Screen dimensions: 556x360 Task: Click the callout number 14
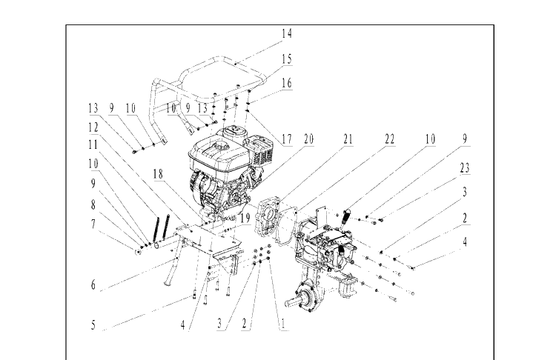click(x=287, y=33)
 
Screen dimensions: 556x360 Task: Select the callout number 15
click(x=287, y=59)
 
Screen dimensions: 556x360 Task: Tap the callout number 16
click(x=287, y=83)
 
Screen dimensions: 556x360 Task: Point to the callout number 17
click(x=287, y=139)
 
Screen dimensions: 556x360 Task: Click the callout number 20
click(x=309, y=139)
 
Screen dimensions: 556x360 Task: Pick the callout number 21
click(x=348, y=139)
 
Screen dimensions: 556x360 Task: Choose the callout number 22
click(x=390, y=139)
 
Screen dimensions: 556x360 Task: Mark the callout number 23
click(x=465, y=168)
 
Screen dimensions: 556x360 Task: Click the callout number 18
click(x=158, y=174)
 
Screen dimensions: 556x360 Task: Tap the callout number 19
click(x=245, y=218)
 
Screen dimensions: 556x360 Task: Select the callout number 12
click(x=93, y=127)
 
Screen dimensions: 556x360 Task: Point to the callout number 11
click(x=93, y=144)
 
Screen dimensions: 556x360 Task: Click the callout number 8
click(x=93, y=204)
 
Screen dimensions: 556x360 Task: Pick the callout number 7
click(x=93, y=224)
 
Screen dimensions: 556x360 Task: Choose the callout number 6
click(x=93, y=284)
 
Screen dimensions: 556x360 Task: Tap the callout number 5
click(x=93, y=325)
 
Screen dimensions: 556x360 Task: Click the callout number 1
click(x=283, y=324)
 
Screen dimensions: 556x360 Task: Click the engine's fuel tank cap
click(x=220, y=146)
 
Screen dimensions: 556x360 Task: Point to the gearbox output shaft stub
click(x=292, y=303)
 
